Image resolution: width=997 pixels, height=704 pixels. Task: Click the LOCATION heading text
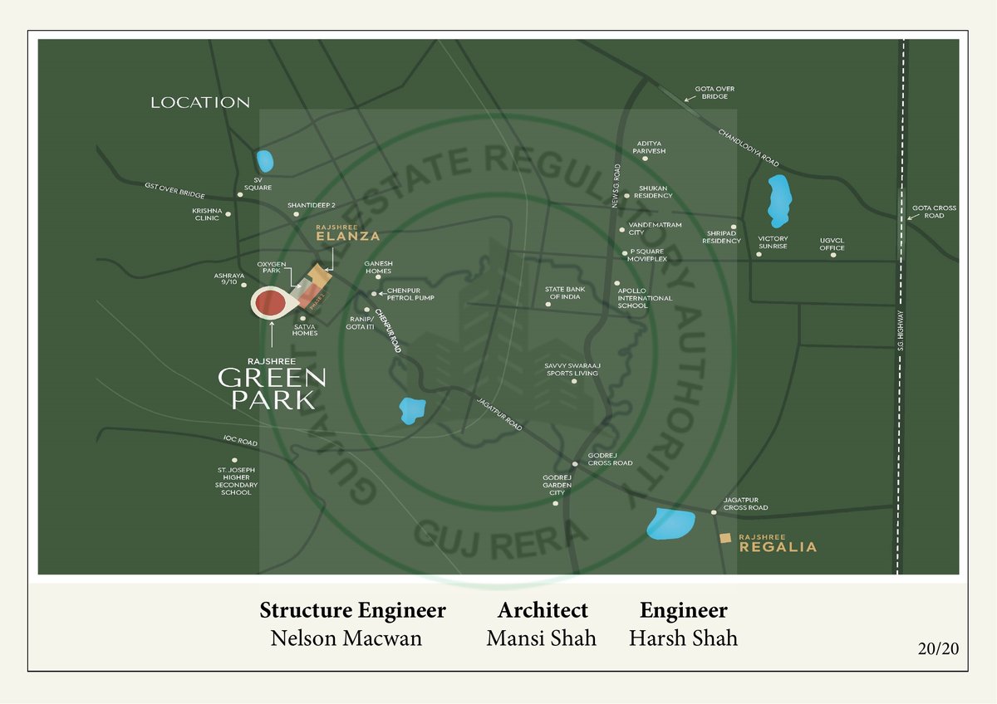(199, 103)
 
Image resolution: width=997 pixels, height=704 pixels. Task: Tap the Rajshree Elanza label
(347, 232)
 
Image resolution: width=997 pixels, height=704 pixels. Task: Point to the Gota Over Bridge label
(715, 92)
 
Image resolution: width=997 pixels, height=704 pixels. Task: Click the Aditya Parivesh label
(649, 148)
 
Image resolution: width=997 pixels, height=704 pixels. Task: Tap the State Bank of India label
(565, 293)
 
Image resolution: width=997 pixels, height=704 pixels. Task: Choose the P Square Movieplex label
(648, 255)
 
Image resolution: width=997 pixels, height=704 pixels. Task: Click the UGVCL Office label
(832, 243)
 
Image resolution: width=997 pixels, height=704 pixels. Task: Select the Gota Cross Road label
(934, 212)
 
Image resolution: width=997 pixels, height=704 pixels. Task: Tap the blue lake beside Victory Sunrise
(778, 200)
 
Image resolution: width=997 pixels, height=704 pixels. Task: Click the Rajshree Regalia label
(778, 544)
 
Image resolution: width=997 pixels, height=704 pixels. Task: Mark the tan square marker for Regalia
(725, 540)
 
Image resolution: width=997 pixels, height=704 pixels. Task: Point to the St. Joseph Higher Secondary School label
(236, 482)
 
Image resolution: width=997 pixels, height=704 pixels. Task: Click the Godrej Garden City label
(557, 485)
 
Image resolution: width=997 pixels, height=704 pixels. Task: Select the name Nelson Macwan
(346, 638)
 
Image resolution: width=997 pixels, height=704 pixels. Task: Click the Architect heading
(543, 611)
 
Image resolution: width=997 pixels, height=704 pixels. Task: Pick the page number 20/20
(938, 649)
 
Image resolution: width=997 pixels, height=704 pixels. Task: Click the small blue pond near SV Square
(265, 159)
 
